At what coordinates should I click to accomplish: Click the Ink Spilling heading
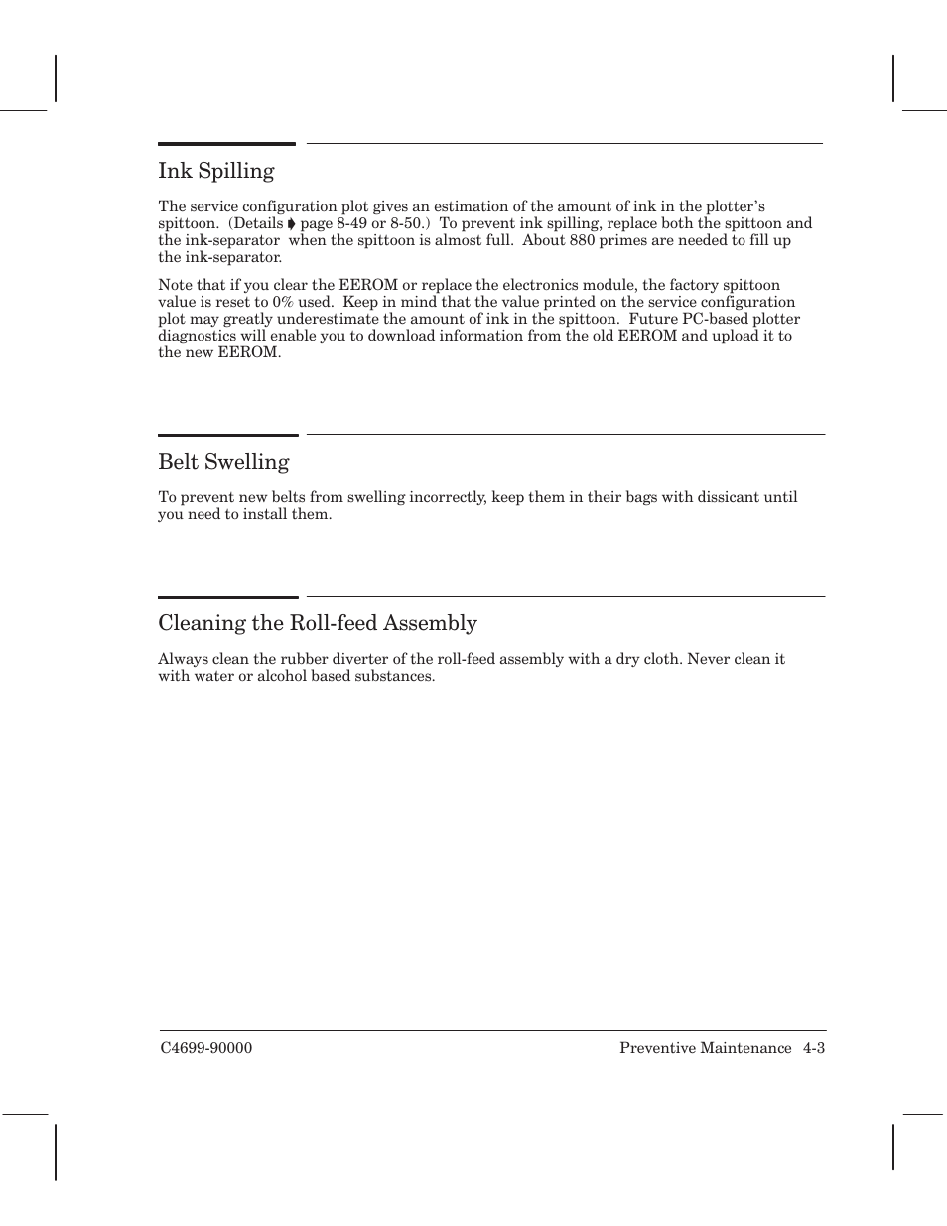(x=215, y=171)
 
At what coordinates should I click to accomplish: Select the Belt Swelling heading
(x=223, y=462)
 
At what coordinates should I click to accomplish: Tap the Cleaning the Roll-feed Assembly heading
(x=318, y=623)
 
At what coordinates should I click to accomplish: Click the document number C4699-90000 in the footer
(x=205, y=1049)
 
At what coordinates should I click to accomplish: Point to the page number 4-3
(x=814, y=1049)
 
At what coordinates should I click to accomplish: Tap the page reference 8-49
(x=351, y=223)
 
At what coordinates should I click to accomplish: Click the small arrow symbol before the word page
(x=292, y=224)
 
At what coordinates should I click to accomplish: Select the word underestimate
(x=328, y=319)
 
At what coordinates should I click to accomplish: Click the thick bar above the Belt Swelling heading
(x=227, y=435)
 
